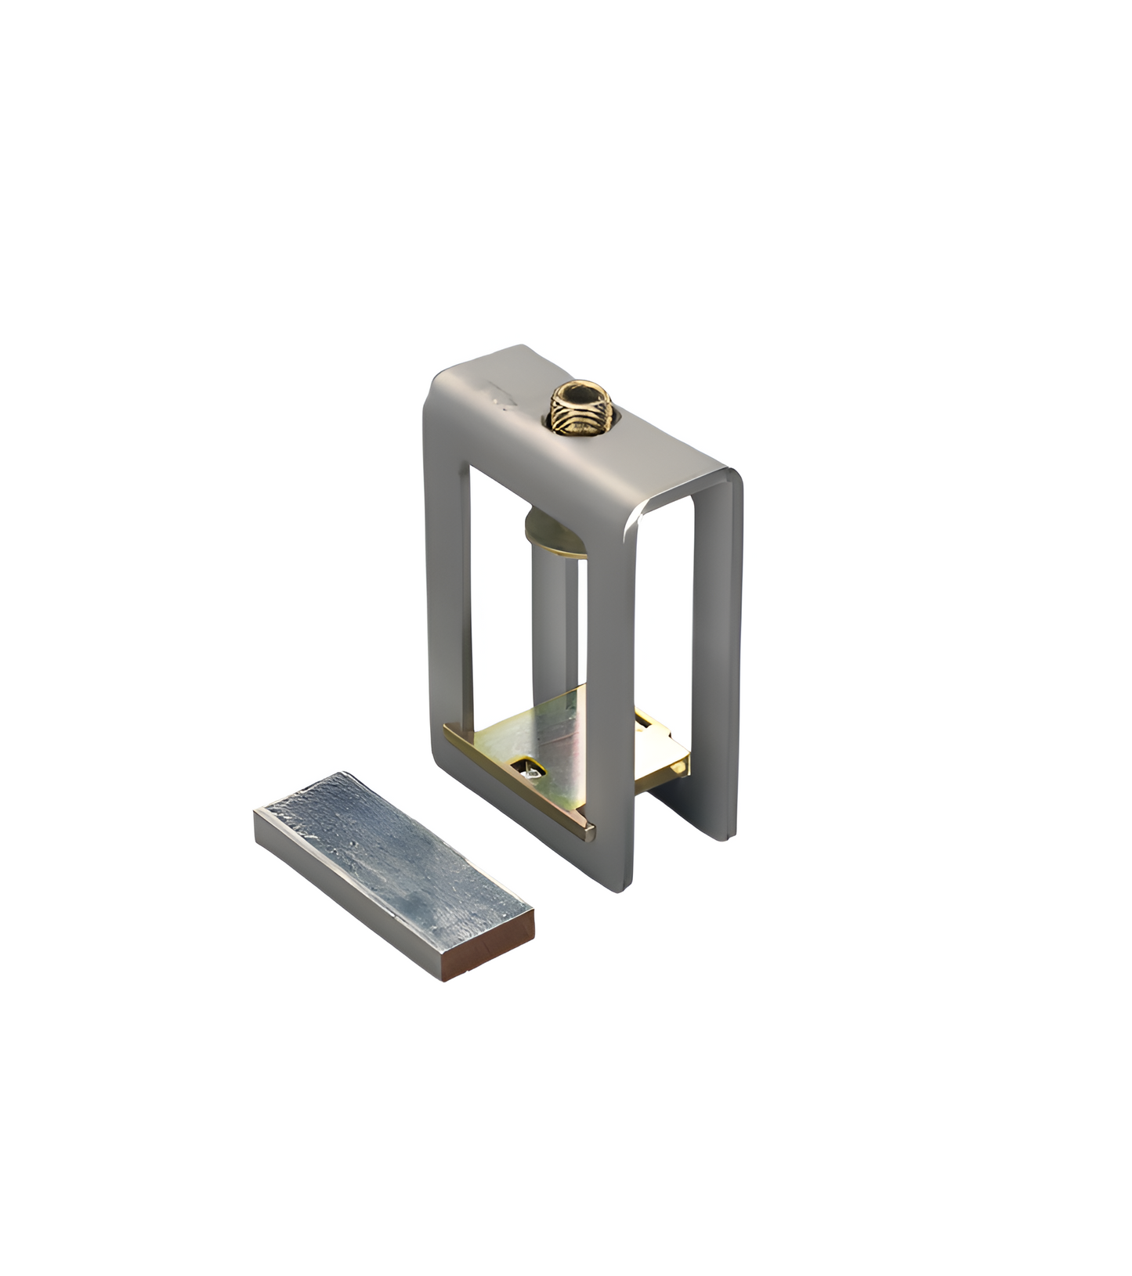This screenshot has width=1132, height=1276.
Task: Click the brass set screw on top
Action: (580, 409)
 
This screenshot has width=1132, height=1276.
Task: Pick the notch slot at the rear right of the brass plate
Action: (644, 718)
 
